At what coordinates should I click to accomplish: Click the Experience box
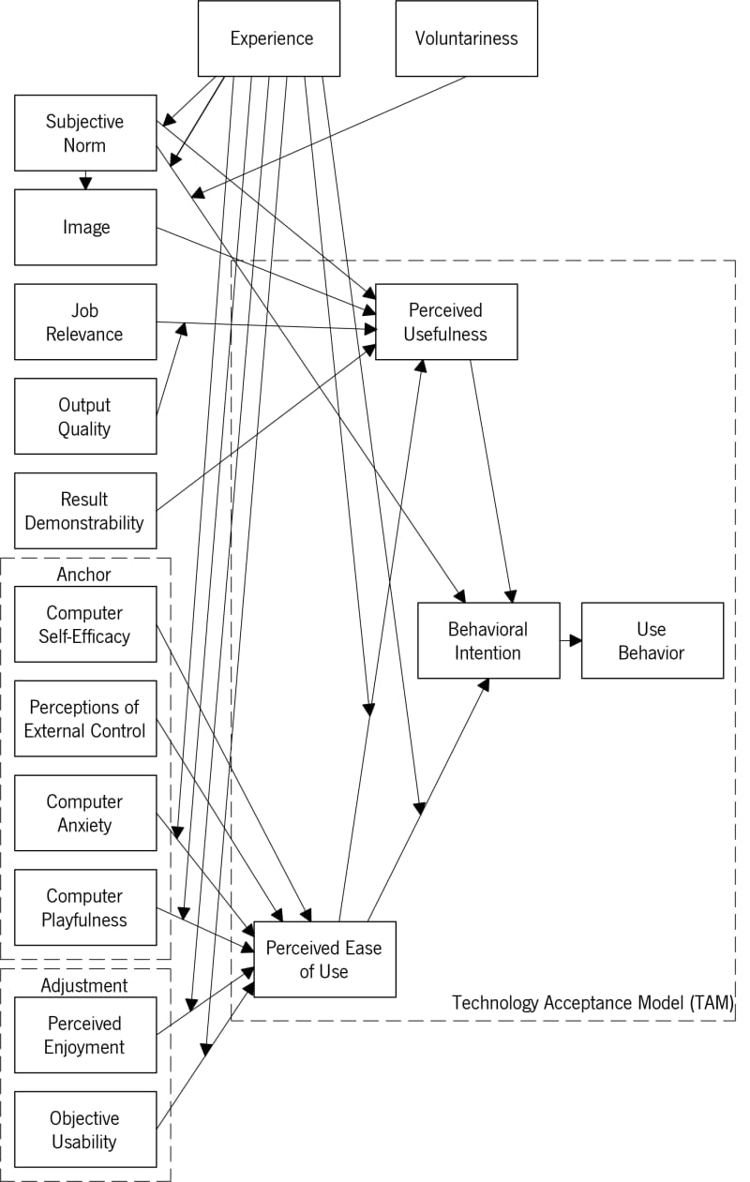tap(269, 38)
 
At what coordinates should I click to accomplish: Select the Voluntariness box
tap(467, 38)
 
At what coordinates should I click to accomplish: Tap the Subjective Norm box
tap(85, 133)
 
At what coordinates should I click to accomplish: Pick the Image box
tap(85, 228)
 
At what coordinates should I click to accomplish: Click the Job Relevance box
tap(85, 322)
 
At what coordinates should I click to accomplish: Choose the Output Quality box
tap(85, 416)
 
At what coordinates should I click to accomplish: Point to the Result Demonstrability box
tap(85, 511)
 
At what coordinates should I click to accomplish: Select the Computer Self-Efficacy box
tap(85, 624)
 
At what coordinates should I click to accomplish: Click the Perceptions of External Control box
tap(85, 719)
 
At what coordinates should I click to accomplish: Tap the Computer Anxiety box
tap(85, 814)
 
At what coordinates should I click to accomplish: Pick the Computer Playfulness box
tap(85, 907)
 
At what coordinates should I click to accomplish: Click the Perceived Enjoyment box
tap(85, 1035)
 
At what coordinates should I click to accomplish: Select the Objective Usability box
tap(85, 1130)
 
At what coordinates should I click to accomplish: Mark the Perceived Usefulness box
tap(446, 322)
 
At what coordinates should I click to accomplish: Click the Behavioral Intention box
tap(488, 640)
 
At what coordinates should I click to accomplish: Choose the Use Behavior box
tap(652, 640)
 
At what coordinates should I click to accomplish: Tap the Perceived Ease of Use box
tap(325, 959)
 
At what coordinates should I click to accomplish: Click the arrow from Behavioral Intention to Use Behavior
tap(571, 641)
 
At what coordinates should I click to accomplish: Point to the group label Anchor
tap(84, 574)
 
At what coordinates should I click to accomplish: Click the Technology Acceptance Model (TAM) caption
tap(592, 1003)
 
